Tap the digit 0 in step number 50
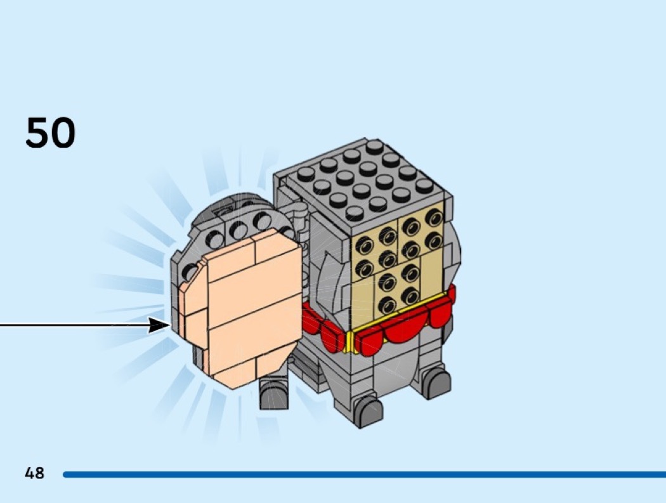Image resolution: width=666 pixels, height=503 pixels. (x=62, y=134)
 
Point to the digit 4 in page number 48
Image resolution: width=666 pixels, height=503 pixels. (x=29, y=473)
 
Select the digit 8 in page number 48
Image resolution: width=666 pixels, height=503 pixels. (x=39, y=473)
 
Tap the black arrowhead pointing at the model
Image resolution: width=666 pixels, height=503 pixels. (x=159, y=326)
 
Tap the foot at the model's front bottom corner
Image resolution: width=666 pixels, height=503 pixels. (x=368, y=412)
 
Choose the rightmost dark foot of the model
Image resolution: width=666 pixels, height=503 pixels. (x=436, y=382)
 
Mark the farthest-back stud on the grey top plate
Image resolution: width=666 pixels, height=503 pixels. (x=375, y=147)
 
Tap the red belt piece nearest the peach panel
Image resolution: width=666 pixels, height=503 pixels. (x=311, y=320)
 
